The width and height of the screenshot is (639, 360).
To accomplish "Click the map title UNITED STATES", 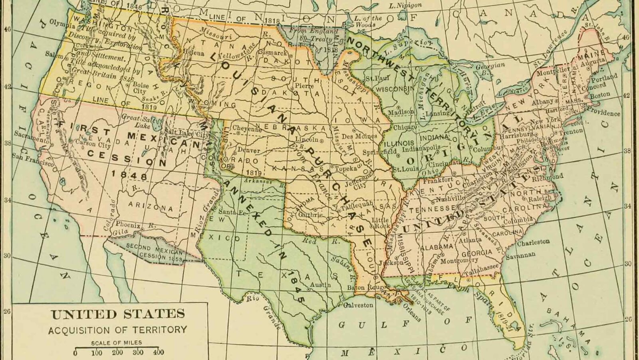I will pos(118,314).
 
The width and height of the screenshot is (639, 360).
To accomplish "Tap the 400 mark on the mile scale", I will pos(159,353).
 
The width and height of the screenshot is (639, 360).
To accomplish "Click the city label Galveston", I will pos(358,305).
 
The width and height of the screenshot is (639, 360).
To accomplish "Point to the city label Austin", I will pos(320,285).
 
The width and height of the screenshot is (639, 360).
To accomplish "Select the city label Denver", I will pos(248,150).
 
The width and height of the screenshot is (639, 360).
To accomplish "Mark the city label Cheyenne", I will pos(247,129).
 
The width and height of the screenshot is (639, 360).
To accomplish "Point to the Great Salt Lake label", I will pos(136,121).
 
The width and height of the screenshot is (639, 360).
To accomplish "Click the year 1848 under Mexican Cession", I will pos(129,175).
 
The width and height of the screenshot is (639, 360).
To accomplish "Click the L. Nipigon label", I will pos(405,5).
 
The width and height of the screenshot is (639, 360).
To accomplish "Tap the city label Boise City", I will pos(140,88).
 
